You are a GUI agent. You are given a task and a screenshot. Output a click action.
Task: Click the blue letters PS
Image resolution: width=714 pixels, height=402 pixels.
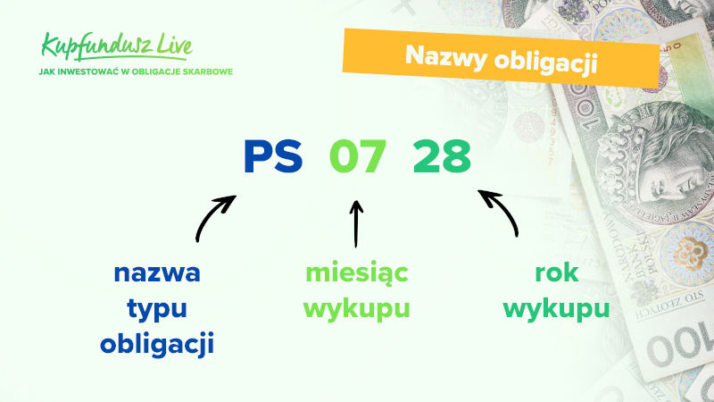[x=273, y=156]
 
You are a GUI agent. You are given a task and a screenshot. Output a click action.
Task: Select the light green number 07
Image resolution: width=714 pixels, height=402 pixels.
[x=358, y=156]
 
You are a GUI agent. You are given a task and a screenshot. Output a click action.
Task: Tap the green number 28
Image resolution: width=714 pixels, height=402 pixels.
[x=442, y=156]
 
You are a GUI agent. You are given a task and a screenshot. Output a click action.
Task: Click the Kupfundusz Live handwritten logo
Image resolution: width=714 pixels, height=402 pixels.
[x=117, y=46]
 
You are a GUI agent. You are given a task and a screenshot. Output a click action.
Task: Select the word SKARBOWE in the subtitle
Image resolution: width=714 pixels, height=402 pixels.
[x=208, y=72]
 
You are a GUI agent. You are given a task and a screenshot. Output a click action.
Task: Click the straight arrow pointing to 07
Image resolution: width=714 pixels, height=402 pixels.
[x=356, y=224]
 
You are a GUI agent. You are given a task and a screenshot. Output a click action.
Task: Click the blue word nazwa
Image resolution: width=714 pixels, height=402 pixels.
[x=157, y=273]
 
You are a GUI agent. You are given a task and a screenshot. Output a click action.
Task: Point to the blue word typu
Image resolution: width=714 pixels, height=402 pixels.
[x=157, y=309]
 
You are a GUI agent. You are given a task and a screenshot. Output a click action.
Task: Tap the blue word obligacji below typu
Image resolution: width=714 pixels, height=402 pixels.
[x=157, y=343]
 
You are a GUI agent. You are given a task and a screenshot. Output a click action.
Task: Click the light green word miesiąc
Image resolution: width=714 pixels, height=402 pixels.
[x=356, y=273]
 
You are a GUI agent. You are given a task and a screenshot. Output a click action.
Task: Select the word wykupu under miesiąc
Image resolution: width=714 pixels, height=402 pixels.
[x=356, y=309]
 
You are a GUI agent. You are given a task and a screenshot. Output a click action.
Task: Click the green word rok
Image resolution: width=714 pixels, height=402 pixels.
[x=556, y=272]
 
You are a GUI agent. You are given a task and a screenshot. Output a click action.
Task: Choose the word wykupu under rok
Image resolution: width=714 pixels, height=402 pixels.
[x=556, y=309]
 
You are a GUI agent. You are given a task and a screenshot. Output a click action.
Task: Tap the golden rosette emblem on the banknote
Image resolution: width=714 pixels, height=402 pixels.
[x=687, y=253]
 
